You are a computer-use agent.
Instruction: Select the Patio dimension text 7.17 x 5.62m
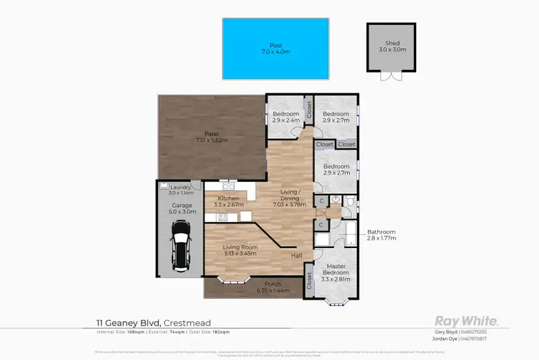point(211,139)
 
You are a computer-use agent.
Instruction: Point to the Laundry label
point(180,188)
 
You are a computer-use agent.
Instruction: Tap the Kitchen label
point(228,198)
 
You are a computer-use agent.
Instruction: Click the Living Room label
point(240,247)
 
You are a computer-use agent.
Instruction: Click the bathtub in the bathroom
point(349,231)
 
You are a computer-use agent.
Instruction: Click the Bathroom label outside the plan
point(381,231)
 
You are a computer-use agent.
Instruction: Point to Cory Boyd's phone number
point(472,331)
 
